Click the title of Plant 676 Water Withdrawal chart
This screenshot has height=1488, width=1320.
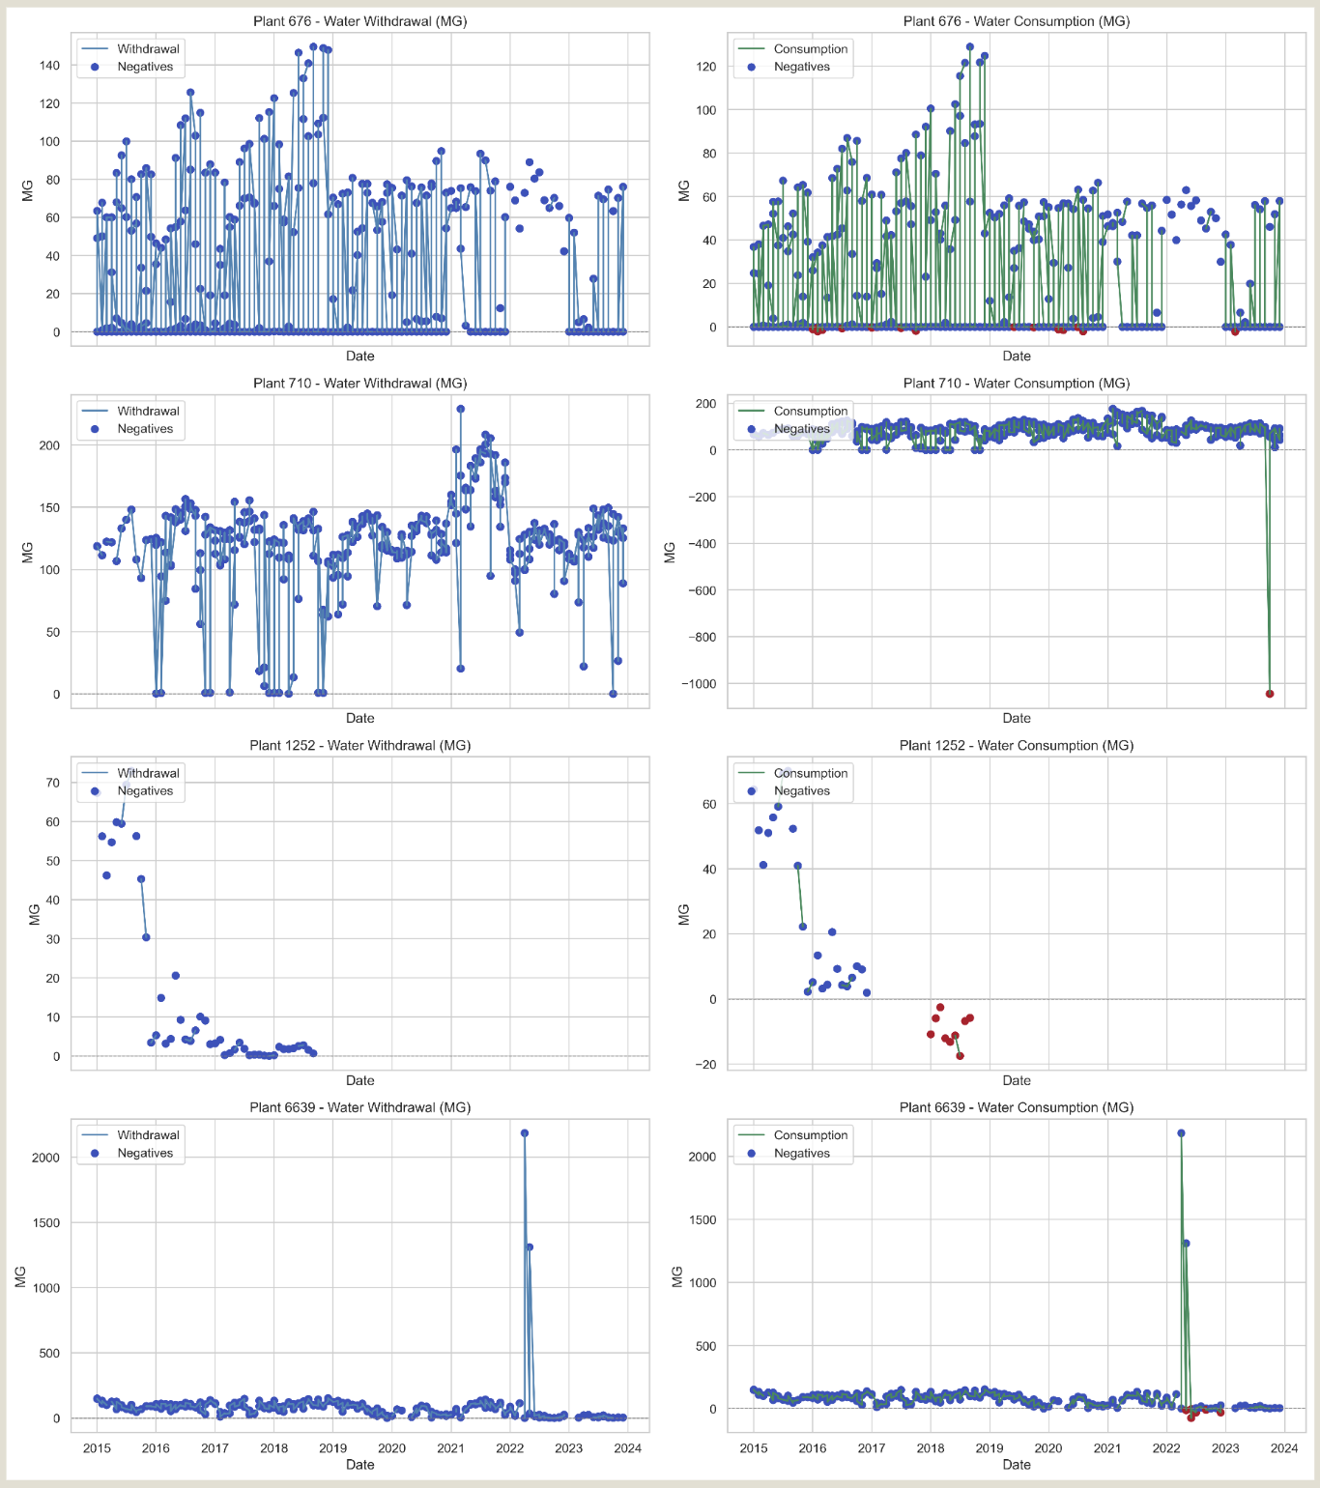pyautogui.click(x=359, y=21)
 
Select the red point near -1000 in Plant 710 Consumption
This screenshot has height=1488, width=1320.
pyautogui.click(x=1270, y=694)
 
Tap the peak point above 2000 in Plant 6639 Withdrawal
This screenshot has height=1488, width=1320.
pyautogui.click(x=524, y=1133)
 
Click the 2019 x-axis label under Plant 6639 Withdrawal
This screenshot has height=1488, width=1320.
pyautogui.click(x=332, y=1447)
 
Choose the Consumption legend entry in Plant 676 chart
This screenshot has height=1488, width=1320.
pyautogui.click(x=810, y=49)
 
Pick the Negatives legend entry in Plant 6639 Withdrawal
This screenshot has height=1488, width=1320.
pyautogui.click(x=145, y=1153)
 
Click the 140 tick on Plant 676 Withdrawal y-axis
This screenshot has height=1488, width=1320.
pyautogui.click(x=49, y=66)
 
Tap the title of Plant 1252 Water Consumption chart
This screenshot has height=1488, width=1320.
pyautogui.click(x=1016, y=746)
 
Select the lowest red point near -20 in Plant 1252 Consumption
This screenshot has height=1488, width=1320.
pyautogui.click(x=960, y=1056)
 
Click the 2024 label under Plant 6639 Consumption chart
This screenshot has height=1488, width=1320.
pyautogui.click(x=1284, y=1447)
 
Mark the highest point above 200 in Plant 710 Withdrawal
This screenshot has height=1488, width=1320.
pyautogui.click(x=460, y=409)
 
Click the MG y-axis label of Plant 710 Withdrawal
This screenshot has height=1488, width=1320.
pyautogui.click(x=28, y=552)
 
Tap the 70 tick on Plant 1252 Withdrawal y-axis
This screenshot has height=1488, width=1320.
pyautogui.click(x=52, y=783)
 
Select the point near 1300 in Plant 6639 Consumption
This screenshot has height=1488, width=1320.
pyautogui.click(x=1186, y=1244)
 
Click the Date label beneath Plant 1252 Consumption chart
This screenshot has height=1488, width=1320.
pyautogui.click(x=1016, y=1080)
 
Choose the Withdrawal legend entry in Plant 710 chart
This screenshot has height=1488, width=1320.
pyautogui.click(x=148, y=412)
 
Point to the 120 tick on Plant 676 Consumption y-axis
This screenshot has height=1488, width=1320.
pyautogui.click(x=705, y=67)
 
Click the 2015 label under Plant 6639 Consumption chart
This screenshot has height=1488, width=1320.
pyautogui.click(x=754, y=1447)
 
